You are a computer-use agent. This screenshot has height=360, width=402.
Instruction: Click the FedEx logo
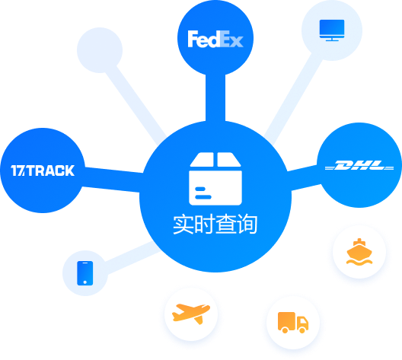[215, 40]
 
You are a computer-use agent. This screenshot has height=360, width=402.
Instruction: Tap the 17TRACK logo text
[43, 170]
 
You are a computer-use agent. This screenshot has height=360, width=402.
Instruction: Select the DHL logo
[359, 165]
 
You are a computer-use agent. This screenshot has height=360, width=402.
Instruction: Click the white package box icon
[215, 179]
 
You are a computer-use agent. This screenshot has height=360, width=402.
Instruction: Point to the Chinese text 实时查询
[215, 225]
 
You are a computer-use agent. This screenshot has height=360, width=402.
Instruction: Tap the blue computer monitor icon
[332, 30]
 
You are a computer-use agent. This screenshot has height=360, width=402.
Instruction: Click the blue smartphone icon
[85, 273]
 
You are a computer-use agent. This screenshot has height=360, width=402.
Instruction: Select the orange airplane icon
[191, 314]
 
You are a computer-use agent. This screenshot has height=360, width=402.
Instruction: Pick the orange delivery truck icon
[293, 323]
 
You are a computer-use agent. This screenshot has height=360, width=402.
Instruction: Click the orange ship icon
[359, 252]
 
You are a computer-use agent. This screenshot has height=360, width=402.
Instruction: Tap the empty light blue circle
[100, 50]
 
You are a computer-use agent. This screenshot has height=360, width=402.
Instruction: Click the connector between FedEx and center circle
[215, 98]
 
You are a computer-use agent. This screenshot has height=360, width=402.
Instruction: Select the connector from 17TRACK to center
[112, 180]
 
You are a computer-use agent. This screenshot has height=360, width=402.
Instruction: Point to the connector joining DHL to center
[305, 178]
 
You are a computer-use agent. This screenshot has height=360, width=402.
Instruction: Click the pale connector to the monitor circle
[293, 99]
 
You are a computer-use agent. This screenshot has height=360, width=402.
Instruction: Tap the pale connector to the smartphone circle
[132, 257]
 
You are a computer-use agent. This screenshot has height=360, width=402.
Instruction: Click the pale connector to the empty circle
[136, 104]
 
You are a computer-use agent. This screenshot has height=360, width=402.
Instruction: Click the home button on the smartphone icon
[85, 282]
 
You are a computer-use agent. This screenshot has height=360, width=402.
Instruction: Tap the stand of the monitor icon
[332, 40]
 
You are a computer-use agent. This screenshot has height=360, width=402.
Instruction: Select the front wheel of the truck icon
[302, 330]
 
